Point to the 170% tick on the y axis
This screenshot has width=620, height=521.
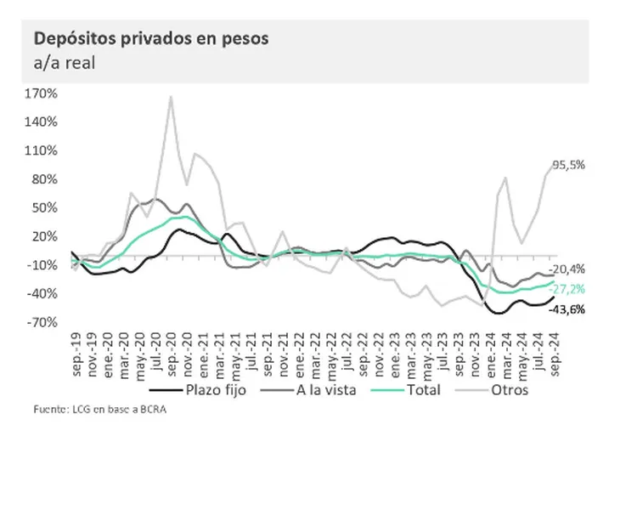[x=42, y=93]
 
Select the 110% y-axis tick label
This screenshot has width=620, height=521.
[x=42, y=150]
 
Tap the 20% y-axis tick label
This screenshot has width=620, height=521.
[x=44, y=236]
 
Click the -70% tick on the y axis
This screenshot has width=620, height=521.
[x=42, y=322]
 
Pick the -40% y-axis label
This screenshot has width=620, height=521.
[x=42, y=293]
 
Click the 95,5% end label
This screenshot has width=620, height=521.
[x=569, y=166]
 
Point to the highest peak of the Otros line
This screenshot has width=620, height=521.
[x=171, y=96]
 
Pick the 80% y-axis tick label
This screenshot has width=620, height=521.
[x=44, y=179]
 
